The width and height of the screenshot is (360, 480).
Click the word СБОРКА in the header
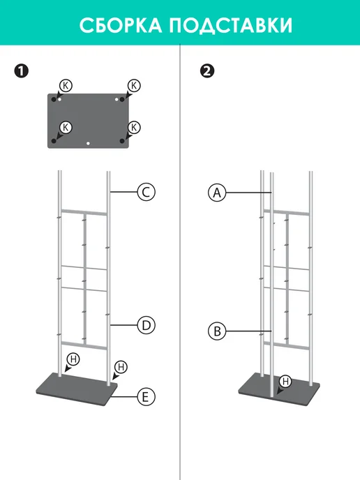coord(121,25)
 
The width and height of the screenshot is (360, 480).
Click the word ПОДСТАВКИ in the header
coord(230,25)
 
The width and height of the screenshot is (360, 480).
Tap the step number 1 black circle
coord(21,70)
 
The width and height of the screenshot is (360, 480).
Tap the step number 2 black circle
coord(207,70)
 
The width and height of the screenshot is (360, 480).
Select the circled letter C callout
coord(146,192)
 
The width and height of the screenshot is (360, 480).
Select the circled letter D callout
coord(146,325)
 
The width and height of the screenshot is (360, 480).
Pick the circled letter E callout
coord(146,397)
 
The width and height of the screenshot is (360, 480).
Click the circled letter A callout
coord(217,193)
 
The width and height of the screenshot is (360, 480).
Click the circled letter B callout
coord(217,331)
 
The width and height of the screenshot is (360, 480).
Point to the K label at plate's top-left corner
coord(66,86)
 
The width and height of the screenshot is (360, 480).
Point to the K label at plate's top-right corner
coord(134,86)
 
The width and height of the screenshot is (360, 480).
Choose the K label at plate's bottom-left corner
coord(66,128)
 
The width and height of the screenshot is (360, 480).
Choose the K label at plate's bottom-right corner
coord(134,128)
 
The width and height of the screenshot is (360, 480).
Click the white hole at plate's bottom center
coord(88,143)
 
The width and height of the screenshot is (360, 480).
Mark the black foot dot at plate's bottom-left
coord(54,141)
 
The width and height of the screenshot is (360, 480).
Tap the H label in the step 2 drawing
coord(285,382)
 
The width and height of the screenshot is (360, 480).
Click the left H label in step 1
coord(73,359)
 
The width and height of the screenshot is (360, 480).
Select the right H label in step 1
coord(121,367)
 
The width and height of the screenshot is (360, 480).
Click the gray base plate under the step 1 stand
coord(77,389)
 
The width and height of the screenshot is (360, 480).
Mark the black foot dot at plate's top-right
coord(122,100)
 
